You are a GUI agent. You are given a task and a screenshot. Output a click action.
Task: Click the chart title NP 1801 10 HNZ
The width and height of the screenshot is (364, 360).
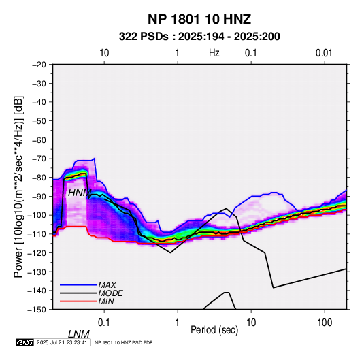[x=199, y=19]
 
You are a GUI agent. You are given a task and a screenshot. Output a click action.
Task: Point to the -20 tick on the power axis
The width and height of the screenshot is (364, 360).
[x=39, y=65]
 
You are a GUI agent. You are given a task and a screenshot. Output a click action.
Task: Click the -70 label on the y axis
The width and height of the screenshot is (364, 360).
[x=39, y=159]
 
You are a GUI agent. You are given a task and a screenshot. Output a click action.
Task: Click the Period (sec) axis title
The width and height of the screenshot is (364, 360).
[x=214, y=330]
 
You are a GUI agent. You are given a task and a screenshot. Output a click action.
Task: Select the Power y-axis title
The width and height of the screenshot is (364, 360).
[x=18, y=187]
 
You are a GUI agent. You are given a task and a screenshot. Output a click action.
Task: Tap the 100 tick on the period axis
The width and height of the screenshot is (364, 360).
[x=325, y=323]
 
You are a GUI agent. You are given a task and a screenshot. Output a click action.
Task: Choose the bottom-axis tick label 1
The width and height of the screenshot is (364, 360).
[x=178, y=323]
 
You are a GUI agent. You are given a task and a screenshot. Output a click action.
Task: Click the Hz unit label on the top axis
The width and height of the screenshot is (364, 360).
[x=214, y=53]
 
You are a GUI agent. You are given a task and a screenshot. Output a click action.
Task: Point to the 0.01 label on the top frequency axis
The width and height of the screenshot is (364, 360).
[x=324, y=53]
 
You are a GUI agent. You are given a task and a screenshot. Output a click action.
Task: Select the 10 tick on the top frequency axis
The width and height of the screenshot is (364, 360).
[x=104, y=53]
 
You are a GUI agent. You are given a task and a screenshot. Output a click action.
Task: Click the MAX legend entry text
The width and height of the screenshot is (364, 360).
[x=107, y=285]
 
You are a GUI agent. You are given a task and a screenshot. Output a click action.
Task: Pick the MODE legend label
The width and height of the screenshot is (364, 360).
[x=110, y=293]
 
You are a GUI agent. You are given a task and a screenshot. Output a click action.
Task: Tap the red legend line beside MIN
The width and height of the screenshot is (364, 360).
[x=78, y=301]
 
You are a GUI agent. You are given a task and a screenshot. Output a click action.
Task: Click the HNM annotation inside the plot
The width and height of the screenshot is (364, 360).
[x=80, y=193]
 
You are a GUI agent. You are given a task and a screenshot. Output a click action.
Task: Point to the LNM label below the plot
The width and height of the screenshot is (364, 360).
[x=79, y=334]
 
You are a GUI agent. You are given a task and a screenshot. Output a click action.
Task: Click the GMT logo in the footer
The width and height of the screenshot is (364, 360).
[x=25, y=342]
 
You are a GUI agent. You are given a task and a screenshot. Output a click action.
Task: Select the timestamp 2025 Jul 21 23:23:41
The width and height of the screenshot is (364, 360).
[x=62, y=342]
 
